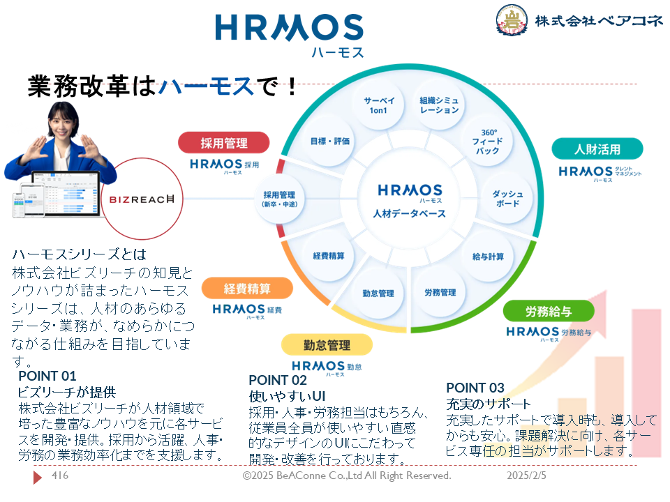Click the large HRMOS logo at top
click(289, 28)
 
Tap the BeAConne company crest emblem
click(513, 21)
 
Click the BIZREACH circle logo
click(143, 199)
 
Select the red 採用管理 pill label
click(223, 143)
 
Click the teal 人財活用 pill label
click(597, 149)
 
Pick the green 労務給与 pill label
click(548, 311)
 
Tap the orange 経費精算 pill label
click(247, 288)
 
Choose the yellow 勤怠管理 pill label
click(327, 345)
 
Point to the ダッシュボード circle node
click(507, 199)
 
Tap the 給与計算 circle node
click(488, 257)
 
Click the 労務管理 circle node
click(440, 293)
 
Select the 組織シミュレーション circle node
click(439, 105)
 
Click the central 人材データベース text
click(410, 214)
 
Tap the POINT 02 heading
click(278, 380)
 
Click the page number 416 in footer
click(61, 476)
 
